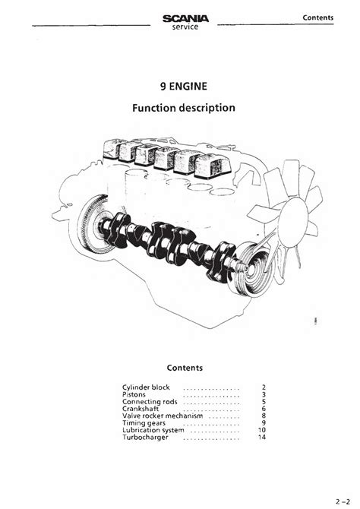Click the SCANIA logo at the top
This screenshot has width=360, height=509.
point(185,19)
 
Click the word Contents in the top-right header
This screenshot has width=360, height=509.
point(317,17)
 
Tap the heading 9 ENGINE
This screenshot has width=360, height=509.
point(183,87)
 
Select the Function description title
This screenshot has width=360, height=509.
point(183,108)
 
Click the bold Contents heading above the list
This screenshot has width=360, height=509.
point(185,368)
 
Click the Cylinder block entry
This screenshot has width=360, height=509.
point(146,387)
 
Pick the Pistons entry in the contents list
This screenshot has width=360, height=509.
point(134,394)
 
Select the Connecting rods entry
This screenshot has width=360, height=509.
point(150,402)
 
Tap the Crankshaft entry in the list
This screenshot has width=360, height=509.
point(141,409)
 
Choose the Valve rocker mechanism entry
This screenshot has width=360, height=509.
point(163,416)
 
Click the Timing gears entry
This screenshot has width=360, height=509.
point(144,423)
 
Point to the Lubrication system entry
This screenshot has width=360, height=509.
point(153,430)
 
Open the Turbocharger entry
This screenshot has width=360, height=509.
point(145,438)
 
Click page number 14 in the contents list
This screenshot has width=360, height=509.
point(261,438)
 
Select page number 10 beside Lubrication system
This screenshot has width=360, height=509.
point(261,430)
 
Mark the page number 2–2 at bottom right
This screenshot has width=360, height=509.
point(343,502)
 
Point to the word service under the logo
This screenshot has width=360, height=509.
point(185,27)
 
